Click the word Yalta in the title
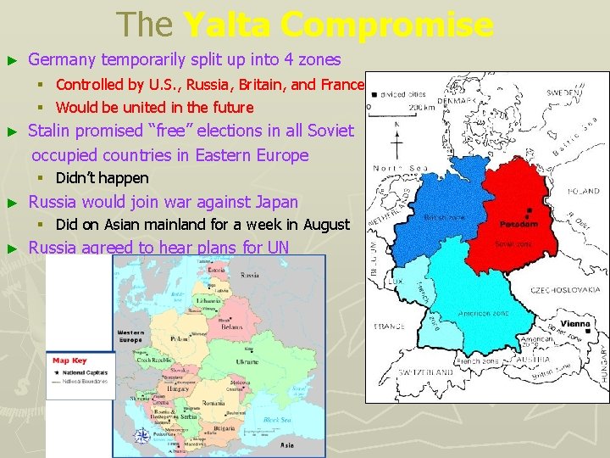(225, 25)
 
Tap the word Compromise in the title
(387, 25)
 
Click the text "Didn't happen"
(102, 178)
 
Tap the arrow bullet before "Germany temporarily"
(12, 60)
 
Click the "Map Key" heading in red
(69, 360)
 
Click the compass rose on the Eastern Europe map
(143, 438)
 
